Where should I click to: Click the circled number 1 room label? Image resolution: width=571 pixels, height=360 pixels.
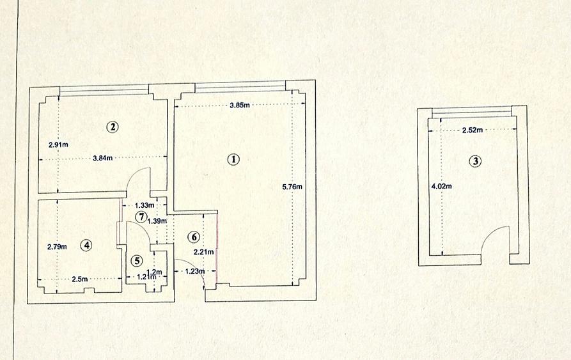point(233,159)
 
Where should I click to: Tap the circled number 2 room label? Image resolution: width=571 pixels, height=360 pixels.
point(113,127)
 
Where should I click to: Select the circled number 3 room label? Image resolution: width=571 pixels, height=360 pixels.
point(475,161)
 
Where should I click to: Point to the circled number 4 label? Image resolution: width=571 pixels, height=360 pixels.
point(86,246)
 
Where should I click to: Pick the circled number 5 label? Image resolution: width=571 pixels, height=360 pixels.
point(137,261)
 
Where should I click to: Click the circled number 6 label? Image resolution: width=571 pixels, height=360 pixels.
point(194,237)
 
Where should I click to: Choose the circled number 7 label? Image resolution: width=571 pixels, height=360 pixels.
point(141,217)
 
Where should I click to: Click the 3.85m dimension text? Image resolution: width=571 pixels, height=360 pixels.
point(240,106)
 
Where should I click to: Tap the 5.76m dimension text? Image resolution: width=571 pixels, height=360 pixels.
point(292,187)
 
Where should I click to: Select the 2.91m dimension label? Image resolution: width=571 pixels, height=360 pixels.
point(58,145)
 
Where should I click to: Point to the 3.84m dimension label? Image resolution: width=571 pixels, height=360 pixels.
point(103,158)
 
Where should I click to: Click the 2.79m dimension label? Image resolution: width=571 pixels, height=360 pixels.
point(57,246)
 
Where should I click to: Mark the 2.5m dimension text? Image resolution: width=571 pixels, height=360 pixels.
point(79,279)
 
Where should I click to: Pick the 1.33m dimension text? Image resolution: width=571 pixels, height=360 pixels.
point(145,205)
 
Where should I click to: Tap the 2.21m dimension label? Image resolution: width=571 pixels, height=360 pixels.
point(203,251)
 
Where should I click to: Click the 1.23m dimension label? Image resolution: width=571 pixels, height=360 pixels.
point(195,271)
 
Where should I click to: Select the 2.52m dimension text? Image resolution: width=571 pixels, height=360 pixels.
point(473,130)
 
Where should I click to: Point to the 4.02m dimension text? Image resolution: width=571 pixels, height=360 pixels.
point(441,186)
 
